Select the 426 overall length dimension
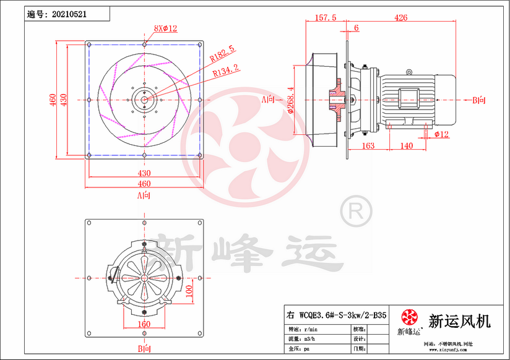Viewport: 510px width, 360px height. [x=400, y=18]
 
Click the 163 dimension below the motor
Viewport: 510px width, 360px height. [x=368, y=145]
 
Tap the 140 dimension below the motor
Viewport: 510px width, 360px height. [x=406, y=145]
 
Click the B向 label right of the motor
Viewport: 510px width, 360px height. [x=478, y=100]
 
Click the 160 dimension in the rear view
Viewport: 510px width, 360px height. [x=144, y=324]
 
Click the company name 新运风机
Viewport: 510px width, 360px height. [x=459, y=321]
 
